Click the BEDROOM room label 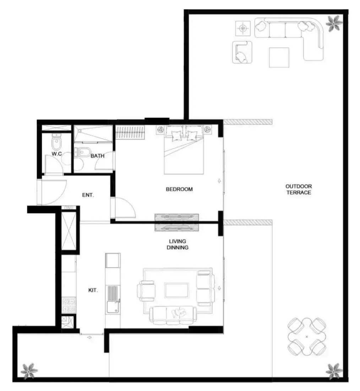(x=179, y=189)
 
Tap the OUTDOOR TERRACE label (x=299, y=189)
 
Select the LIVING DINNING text (x=178, y=245)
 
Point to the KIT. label (x=93, y=290)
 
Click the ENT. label (x=88, y=195)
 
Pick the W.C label (x=57, y=154)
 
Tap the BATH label (x=97, y=156)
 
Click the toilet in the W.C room (x=56, y=141)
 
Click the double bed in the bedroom (x=184, y=150)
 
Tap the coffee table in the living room (x=176, y=290)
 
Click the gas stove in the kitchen (x=69, y=305)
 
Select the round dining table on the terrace (x=307, y=337)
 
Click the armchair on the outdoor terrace (x=242, y=52)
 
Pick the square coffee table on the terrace (x=279, y=57)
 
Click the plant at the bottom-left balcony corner (x=29, y=371)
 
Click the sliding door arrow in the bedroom (x=219, y=181)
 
